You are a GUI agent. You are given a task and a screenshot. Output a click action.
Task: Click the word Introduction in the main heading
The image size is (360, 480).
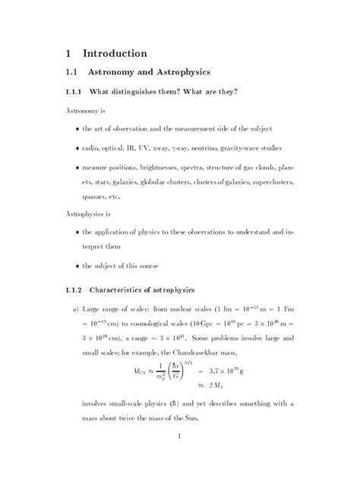pos(115,53)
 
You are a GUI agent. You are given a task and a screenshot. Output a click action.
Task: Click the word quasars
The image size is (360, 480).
pos(96,196)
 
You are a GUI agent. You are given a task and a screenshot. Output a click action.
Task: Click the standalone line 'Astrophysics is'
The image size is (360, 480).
pos(87,214)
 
